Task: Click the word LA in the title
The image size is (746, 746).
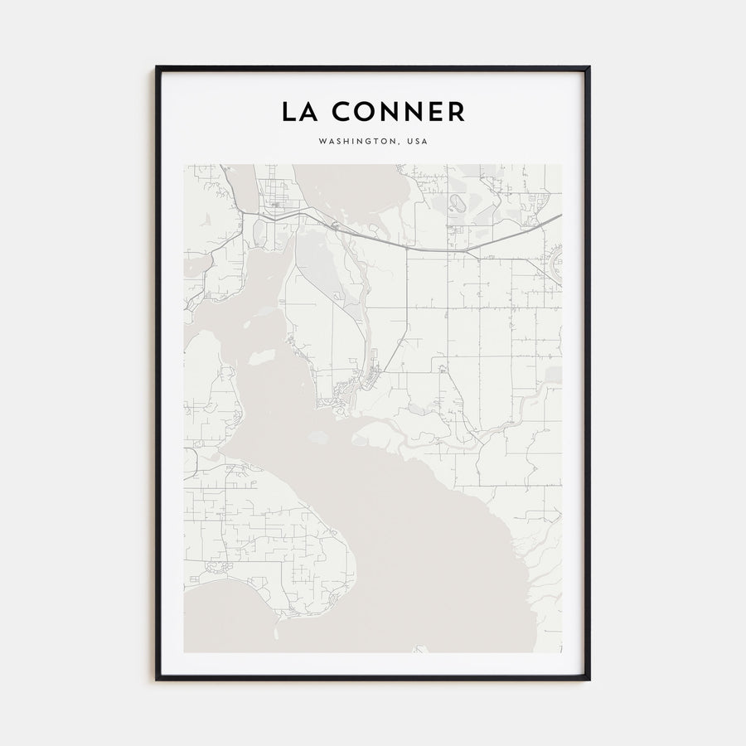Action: pos(298,112)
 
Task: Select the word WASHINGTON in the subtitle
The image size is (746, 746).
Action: pos(356,142)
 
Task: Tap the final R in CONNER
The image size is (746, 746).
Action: pos(456,112)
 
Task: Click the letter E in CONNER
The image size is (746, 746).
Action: pos(435,112)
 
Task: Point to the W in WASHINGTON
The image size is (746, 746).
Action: pos(322,142)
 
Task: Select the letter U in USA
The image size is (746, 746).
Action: pos(409,142)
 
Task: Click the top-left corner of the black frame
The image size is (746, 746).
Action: pos(156,67)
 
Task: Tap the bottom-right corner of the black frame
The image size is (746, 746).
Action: pos(589,680)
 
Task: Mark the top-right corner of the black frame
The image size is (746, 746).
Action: pos(589,67)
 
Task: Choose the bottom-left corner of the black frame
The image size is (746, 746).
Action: pos(156,680)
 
